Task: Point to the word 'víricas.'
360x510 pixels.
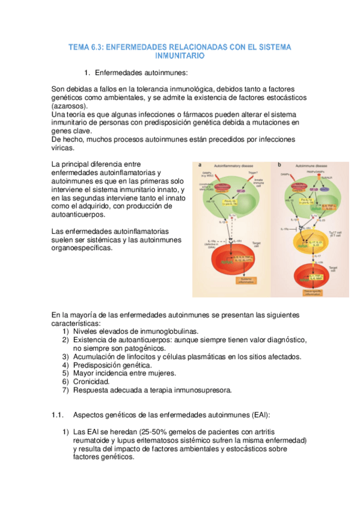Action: (x=63, y=148)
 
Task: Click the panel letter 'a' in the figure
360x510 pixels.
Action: (x=200, y=165)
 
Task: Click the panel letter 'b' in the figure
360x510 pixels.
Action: (x=279, y=165)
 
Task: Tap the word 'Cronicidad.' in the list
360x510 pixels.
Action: (x=91, y=381)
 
